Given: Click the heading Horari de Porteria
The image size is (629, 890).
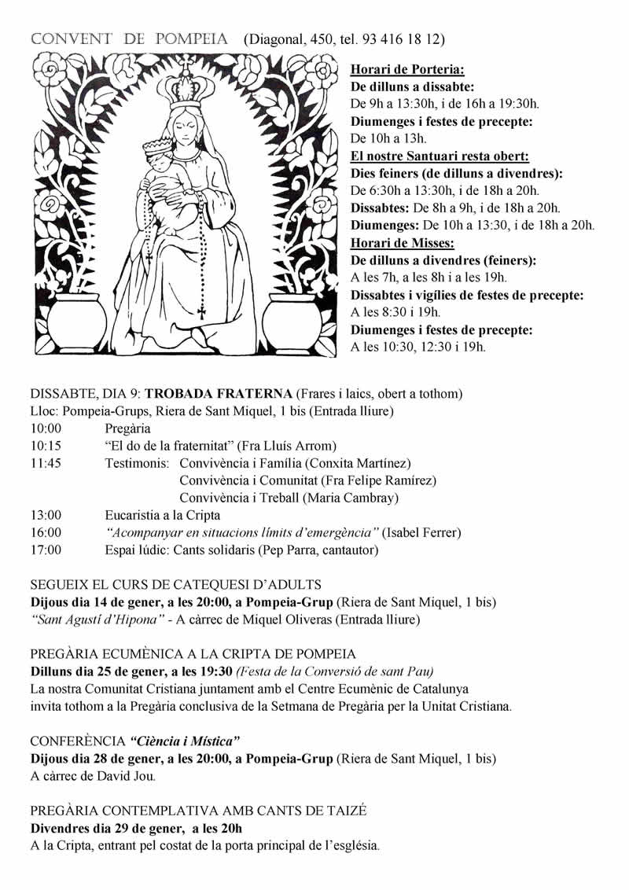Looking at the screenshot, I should (x=406, y=69).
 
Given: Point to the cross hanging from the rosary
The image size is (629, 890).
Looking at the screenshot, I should (x=201, y=312).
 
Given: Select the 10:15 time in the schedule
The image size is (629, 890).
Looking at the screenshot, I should (x=46, y=445).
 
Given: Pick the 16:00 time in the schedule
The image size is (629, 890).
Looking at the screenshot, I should (x=46, y=532).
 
